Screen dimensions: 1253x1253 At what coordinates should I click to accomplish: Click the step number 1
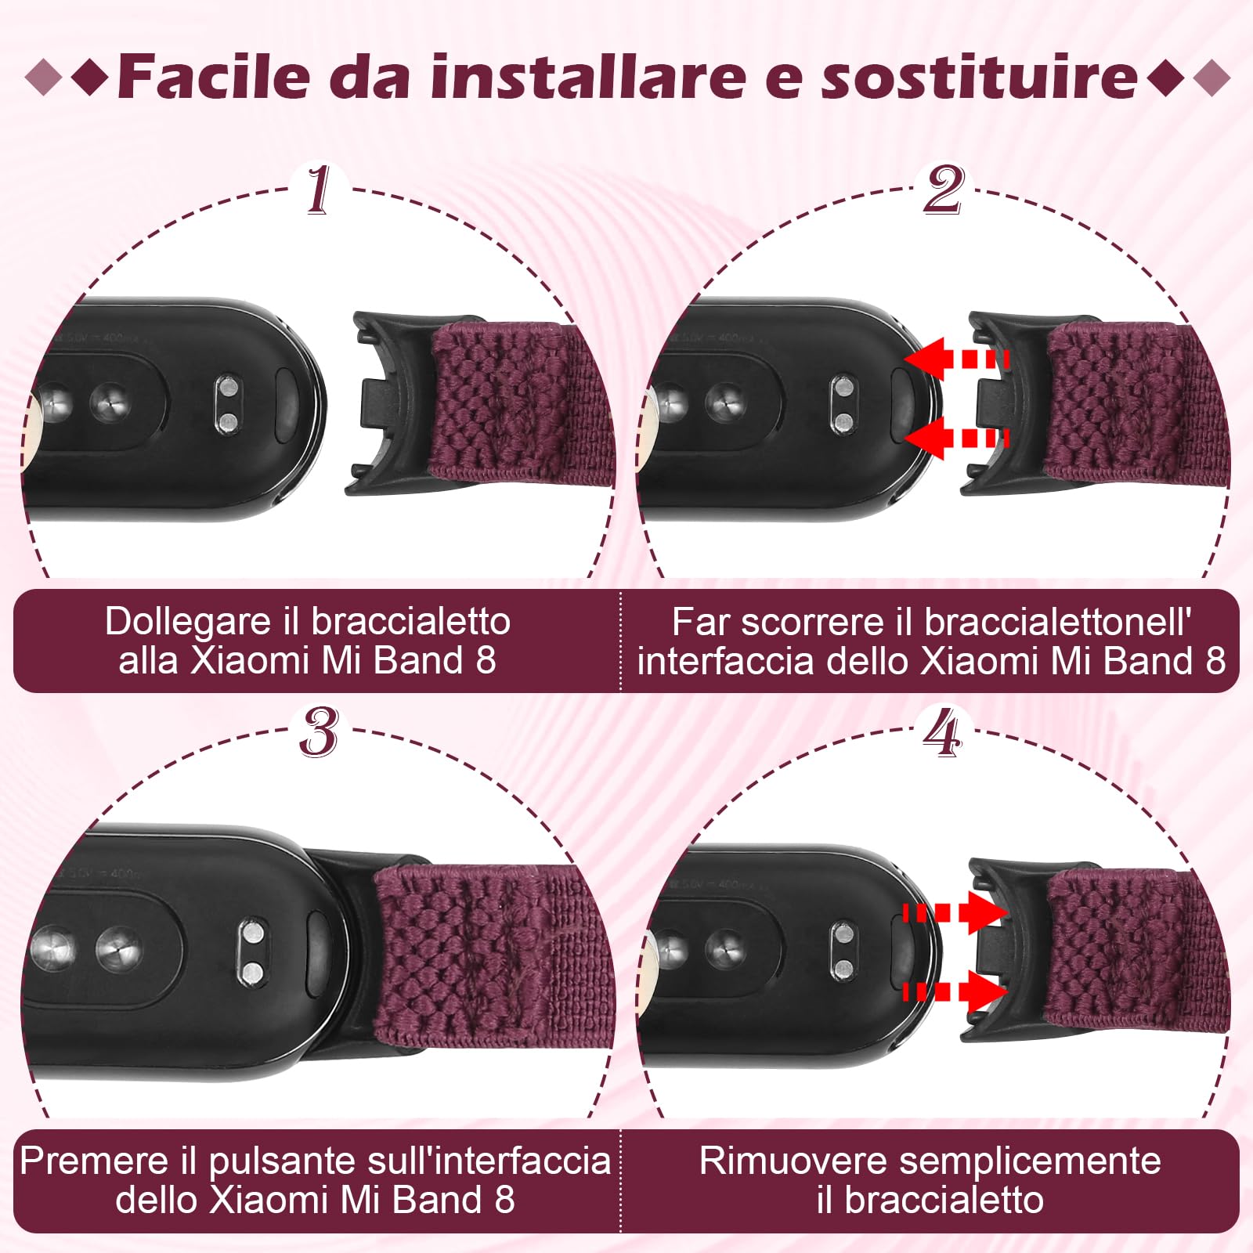tap(318, 190)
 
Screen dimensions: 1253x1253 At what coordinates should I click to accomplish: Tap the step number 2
tap(943, 190)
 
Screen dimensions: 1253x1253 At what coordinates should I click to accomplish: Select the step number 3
tap(318, 733)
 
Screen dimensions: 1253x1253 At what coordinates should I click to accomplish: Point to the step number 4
tap(942, 733)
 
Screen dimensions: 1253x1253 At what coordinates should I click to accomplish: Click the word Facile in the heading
tap(214, 77)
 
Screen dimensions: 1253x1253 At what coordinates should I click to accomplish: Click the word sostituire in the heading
tap(979, 77)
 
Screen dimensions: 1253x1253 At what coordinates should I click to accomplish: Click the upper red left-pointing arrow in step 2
tap(955, 360)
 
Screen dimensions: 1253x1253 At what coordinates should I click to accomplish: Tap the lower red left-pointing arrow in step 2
tap(955, 437)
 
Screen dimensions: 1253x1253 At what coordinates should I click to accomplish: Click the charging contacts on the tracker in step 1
tap(227, 405)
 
